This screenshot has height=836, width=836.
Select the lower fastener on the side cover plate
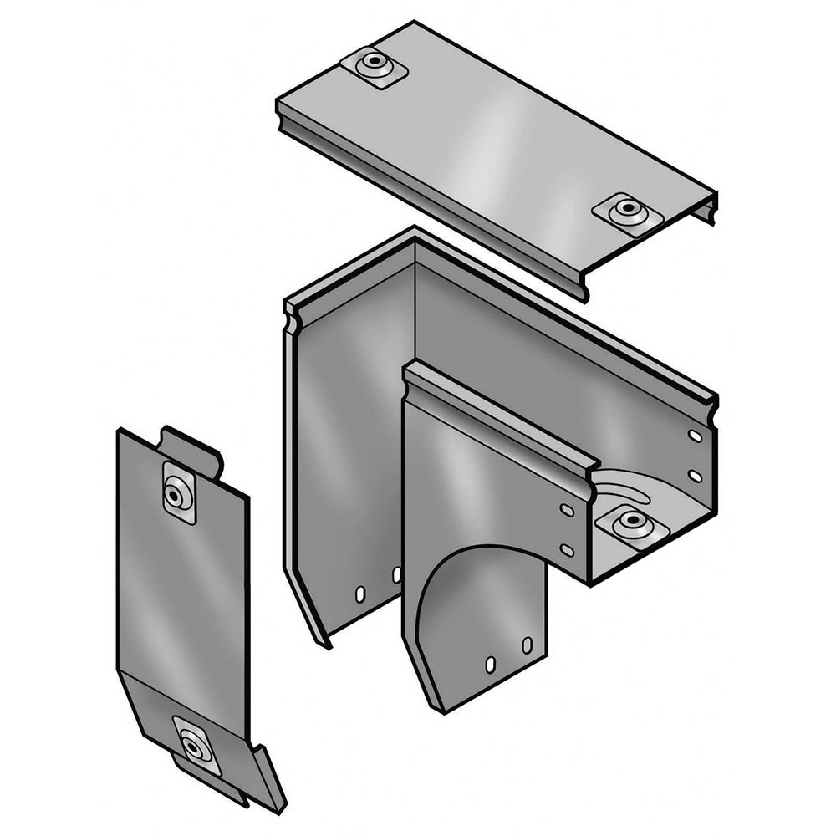pos(193,744)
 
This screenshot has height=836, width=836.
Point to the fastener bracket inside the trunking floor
pos(631,525)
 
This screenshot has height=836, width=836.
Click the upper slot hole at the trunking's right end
pos(695,436)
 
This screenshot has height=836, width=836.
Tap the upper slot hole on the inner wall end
pos(566,510)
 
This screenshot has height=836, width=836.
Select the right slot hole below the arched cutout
pos(527,645)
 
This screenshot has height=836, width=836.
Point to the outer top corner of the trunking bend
pos(411,237)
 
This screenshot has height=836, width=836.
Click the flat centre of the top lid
pos(493,142)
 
